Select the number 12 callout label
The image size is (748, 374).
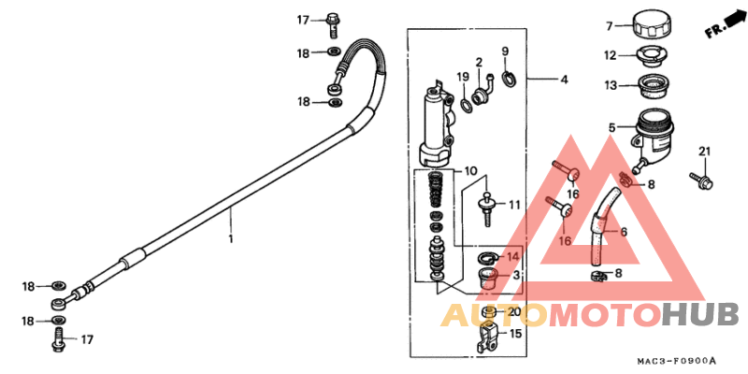[x=611, y=56]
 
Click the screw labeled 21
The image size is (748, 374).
[x=700, y=180]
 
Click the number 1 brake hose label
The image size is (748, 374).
[x=231, y=238]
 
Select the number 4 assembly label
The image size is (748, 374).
[x=565, y=79]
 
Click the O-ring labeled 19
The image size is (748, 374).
[x=466, y=105]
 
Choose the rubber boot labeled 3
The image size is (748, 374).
[x=488, y=279]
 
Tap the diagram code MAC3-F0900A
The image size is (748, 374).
[x=676, y=361]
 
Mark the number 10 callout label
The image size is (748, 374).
[x=470, y=171]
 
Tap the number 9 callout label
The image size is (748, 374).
[x=505, y=50]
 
